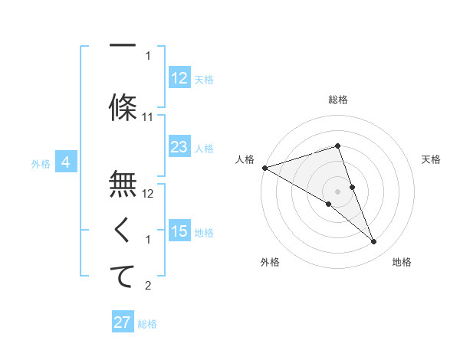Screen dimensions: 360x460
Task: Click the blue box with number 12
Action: pos(179,78)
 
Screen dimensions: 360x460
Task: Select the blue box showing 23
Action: pos(179,147)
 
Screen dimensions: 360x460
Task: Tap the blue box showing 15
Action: pos(179,231)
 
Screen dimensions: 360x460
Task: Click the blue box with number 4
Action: pos(66,162)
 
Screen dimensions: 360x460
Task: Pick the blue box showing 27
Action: pos(123,322)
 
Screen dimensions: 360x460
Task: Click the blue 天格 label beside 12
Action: pos(204,80)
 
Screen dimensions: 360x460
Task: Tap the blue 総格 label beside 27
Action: pos(147,324)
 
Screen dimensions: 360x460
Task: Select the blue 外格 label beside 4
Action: pos(41,163)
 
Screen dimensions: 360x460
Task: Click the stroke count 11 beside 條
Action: pos(149,116)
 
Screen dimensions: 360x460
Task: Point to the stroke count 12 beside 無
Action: pos(149,194)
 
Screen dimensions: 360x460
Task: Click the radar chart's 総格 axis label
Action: pos(338,100)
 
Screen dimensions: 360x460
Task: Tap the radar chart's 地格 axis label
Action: pos(402,262)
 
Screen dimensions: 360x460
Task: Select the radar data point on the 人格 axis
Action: pos(264,167)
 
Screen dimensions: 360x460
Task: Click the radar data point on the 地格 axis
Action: pos(374,242)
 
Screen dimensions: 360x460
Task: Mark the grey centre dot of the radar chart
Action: pos(338,191)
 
